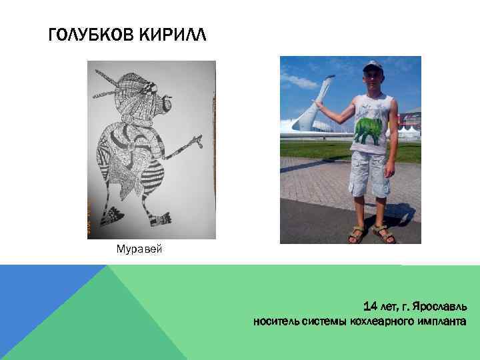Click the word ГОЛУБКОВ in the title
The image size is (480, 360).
pos(91,34)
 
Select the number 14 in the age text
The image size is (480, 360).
pos(371,307)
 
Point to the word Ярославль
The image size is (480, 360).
pos(439,308)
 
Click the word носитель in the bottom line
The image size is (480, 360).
pos(274,322)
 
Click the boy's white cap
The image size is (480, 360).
pos(373,66)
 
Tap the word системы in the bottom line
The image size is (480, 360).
pos(324,322)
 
